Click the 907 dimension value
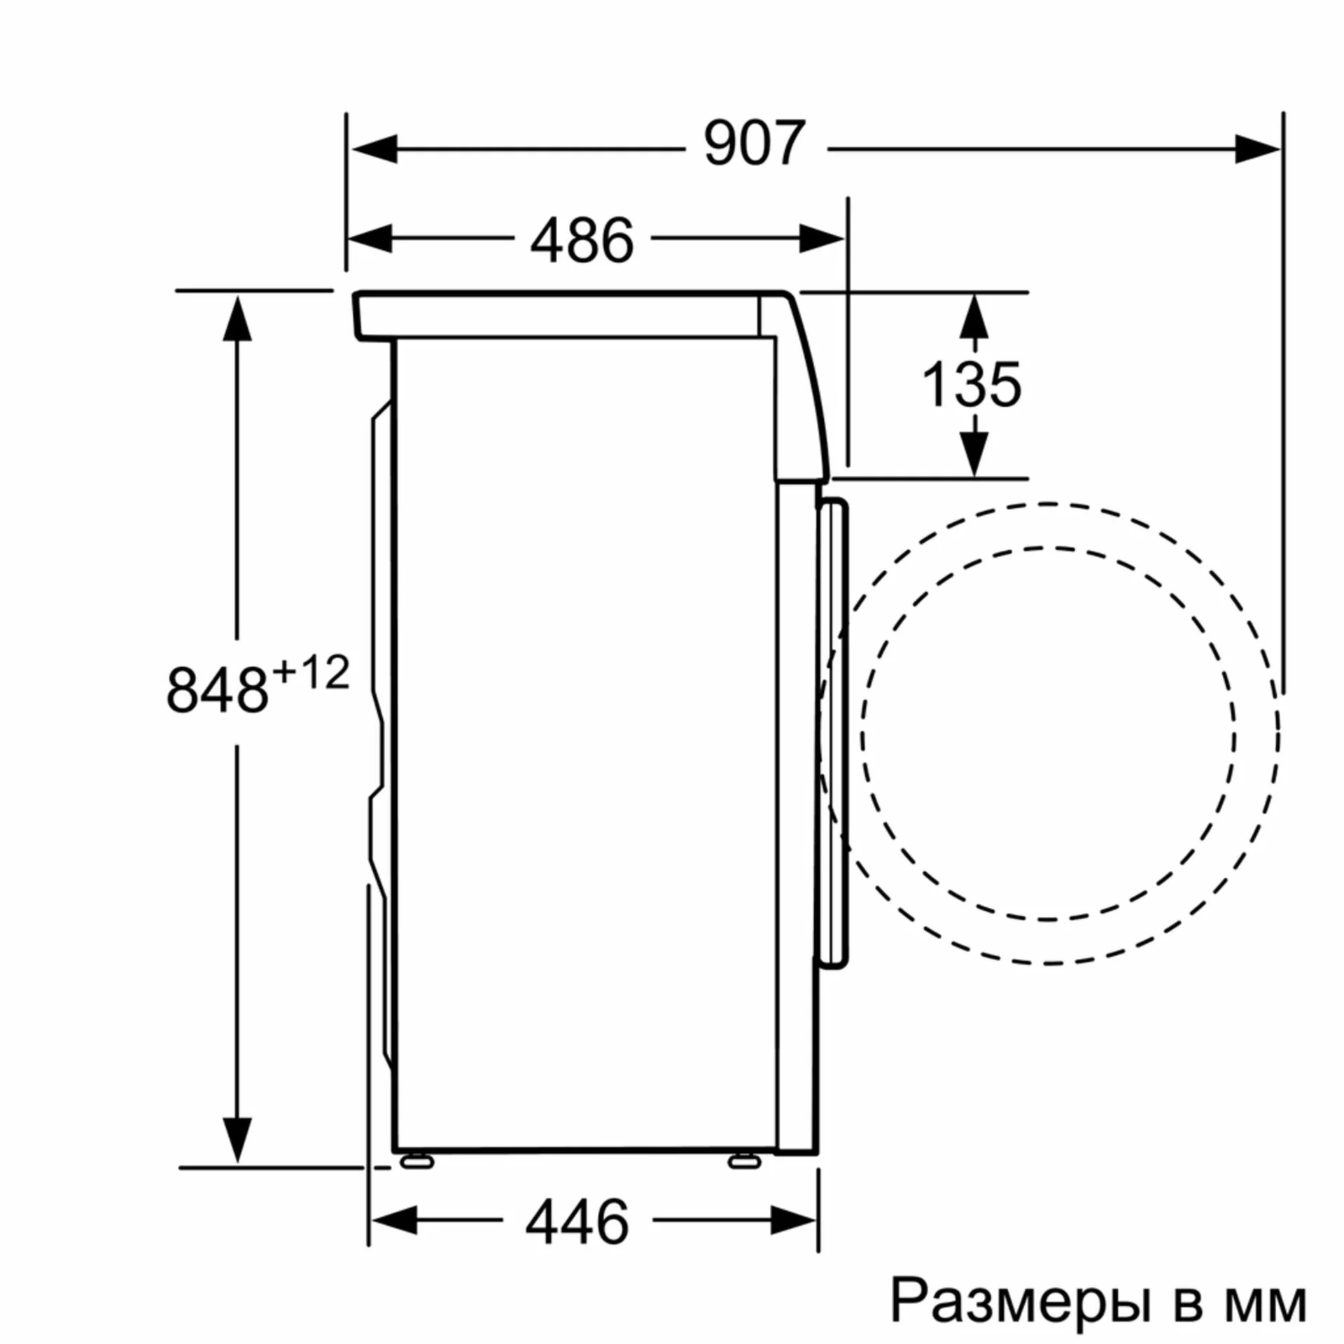755,144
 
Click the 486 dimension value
582,240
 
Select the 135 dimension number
972,384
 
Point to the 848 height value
218,689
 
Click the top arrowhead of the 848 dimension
237,319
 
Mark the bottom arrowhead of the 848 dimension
237,1138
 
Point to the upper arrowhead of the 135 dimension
974,317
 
